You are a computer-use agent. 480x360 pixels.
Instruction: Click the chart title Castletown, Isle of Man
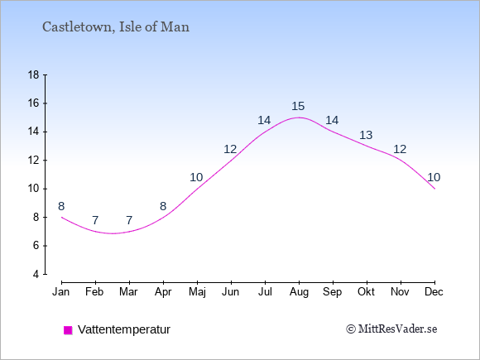point(116,27)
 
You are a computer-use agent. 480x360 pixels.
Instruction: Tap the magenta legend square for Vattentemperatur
point(68,330)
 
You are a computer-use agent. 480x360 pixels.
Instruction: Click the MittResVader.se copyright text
point(391,329)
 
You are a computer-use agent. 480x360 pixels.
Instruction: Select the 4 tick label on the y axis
point(36,274)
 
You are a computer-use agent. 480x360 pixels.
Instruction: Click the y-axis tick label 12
point(34,160)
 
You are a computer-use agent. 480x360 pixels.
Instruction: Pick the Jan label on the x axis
point(61,292)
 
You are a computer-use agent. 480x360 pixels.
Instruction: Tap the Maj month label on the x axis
point(197,292)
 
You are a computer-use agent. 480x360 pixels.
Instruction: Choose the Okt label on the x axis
point(366,292)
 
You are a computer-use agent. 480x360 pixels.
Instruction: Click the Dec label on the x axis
point(434,292)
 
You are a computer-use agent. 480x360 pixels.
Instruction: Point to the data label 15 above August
point(298,106)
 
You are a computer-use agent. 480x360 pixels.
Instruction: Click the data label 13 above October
point(366,135)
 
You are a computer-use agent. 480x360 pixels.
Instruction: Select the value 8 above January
point(61,206)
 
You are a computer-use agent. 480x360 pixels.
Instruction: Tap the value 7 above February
point(95,220)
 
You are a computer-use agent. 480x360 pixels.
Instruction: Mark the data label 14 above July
point(264,120)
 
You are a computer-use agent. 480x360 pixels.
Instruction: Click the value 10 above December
point(434,177)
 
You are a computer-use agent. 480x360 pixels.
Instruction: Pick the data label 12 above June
point(230,150)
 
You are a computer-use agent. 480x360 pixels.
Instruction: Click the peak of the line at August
point(299,118)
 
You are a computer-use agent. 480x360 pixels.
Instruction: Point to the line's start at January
point(62,217)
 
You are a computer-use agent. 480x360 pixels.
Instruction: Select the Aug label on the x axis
point(299,292)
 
